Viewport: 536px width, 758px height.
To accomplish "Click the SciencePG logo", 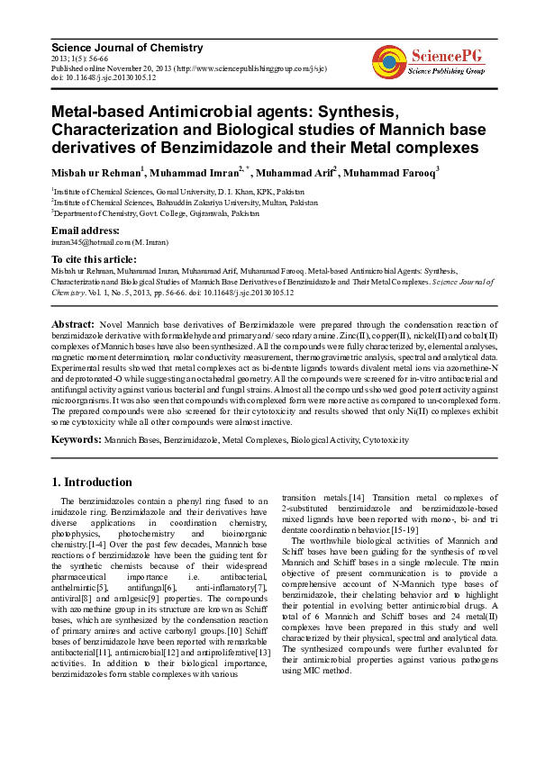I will coord(429,61).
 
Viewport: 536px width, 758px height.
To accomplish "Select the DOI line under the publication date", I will coord(104,78).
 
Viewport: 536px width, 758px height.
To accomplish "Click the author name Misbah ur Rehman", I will coord(95,172).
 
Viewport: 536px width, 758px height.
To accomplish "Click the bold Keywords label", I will coord(77,440).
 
